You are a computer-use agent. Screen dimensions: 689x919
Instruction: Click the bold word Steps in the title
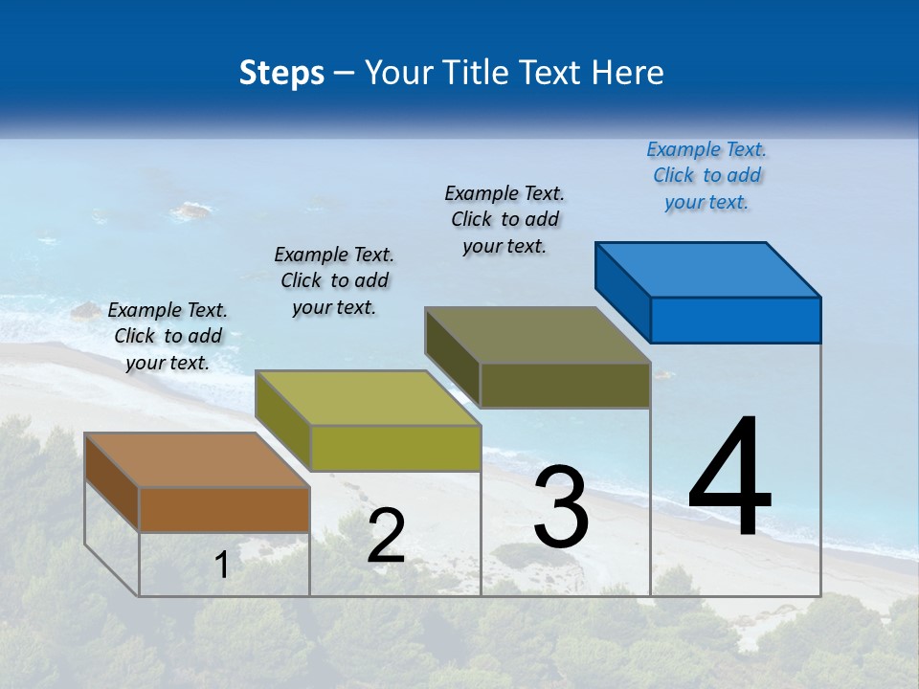tap(281, 73)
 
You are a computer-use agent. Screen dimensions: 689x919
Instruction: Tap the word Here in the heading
tap(629, 73)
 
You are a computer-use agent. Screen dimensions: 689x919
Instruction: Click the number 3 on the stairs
tap(561, 507)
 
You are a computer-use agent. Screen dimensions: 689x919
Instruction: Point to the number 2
tap(386, 536)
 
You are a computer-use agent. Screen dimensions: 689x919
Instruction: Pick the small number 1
tap(221, 565)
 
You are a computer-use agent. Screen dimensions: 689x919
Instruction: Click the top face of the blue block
tap(708, 269)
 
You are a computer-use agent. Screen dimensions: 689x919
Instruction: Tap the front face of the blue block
tap(735, 320)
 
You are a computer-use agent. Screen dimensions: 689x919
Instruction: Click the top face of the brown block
tap(196, 460)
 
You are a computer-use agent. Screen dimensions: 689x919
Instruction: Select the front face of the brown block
tap(224, 509)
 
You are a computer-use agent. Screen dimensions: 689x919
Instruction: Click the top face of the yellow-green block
tap(368, 398)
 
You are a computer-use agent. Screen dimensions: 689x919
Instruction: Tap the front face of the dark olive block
tap(565, 385)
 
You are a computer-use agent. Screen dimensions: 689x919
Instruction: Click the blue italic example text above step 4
tap(706, 176)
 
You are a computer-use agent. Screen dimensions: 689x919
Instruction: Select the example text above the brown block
tap(168, 336)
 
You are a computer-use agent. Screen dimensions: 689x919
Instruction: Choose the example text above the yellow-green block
tap(334, 280)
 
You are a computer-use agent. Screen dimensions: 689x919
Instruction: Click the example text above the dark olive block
tap(504, 219)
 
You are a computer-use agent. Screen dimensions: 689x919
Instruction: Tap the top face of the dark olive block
tap(538, 335)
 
